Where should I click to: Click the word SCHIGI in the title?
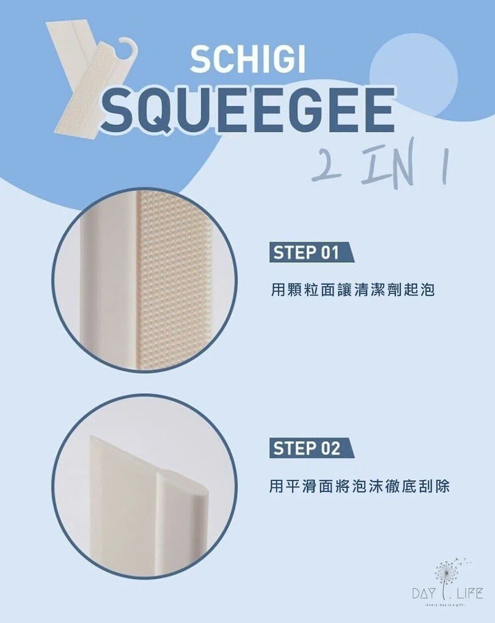[x=247, y=60]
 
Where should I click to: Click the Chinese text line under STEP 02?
[x=359, y=486]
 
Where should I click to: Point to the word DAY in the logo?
[x=425, y=593]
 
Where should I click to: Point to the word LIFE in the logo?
[x=470, y=593]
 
